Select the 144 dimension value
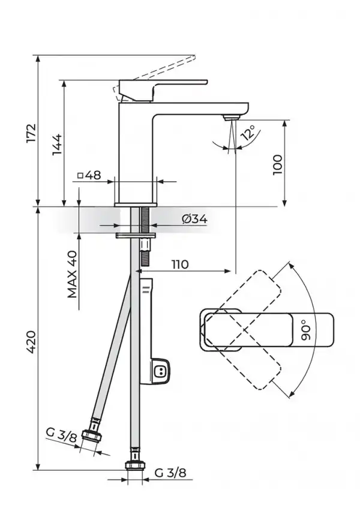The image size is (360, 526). pyautogui.click(x=57, y=145)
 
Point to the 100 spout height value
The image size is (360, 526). pyautogui.click(x=278, y=164)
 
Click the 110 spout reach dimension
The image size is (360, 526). pyautogui.click(x=180, y=264)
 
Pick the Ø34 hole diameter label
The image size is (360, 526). pyautogui.click(x=194, y=219)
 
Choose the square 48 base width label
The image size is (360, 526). pyautogui.click(x=89, y=175)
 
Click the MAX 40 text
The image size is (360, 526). pyautogui.click(x=73, y=274)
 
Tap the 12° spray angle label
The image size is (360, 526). pyautogui.click(x=248, y=133)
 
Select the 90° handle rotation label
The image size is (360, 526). pyautogui.click(x=306, y=330)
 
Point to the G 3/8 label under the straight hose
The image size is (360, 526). pyautogui.click(x=170, y=473)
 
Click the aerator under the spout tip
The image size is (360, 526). pyautogui.click(x=231, y=118)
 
